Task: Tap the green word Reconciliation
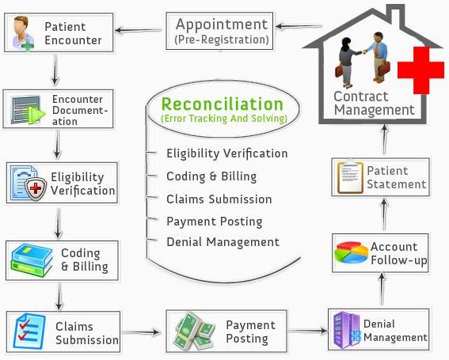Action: (x=222, y=104)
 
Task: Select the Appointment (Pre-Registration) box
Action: (x=221, y=30)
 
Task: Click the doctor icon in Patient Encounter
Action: (x=20, y=33)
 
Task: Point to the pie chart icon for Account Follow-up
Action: (x=350, y=252)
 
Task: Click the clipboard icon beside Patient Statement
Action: (x=349, y=177)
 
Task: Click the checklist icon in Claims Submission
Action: (x=29, y=330)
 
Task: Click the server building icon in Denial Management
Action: (x=346, y=329)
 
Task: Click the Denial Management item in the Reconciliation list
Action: (x=223, y=242)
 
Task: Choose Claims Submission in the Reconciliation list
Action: (x=219, y=199)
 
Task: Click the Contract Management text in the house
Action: (x=374, y=104)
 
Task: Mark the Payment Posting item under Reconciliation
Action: (x=214, y=221)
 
